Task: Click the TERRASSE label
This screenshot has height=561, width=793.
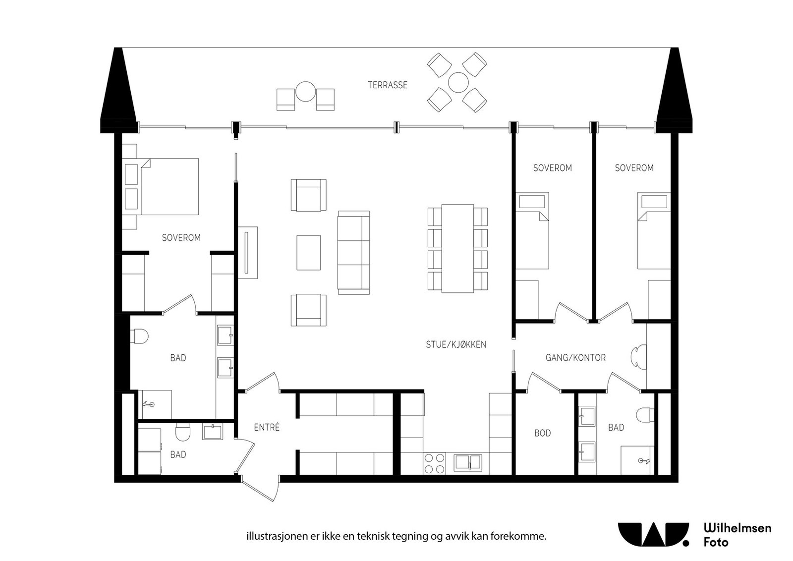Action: (x=387, y=85)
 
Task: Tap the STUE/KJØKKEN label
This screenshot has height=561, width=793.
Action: (x=456, y=344)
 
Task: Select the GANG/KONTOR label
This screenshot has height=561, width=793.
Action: (x=575, y=358)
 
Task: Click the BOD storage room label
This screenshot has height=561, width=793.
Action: (x=542, y=433)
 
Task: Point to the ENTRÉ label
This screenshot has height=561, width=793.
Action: (x=267, y=427)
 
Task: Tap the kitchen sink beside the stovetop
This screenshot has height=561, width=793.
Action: (x=468, y=462)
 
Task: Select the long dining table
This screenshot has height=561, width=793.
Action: (x=457, y=248)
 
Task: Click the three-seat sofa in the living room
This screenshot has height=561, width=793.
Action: (x=353, y=253)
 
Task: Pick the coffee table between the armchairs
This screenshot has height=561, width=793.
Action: (x=308, y=253)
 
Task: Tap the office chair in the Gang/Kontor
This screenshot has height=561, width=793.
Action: (x=638, y=357)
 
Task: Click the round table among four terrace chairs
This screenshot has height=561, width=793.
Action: (x=457, y=82)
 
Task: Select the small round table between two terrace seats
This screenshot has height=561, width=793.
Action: (x=305, y=91)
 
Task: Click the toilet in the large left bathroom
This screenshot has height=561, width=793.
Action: (x=140, y=337)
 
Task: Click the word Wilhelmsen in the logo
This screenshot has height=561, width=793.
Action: (x=737, y=528)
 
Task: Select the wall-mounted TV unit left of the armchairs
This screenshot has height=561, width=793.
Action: (x=247, y=253)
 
